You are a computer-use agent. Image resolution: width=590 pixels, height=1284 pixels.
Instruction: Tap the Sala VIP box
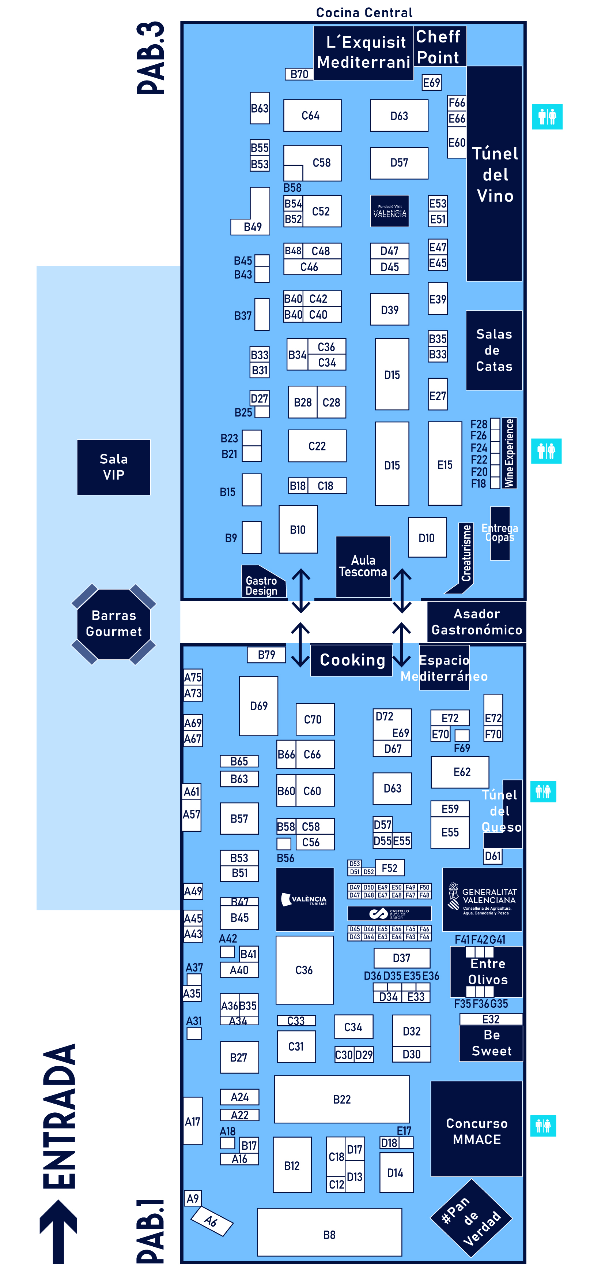point(114,467)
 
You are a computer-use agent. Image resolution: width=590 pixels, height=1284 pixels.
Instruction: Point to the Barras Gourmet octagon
point(114,624)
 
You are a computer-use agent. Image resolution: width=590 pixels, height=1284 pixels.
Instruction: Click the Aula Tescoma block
point(363,566)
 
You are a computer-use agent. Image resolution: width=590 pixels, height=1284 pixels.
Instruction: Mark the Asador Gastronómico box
point(476,622)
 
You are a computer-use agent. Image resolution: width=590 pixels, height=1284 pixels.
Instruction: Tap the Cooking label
point(352,660)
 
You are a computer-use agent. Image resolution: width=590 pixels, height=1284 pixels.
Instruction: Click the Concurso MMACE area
point(476,1131)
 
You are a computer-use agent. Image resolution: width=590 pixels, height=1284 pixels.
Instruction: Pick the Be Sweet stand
point(491,1043)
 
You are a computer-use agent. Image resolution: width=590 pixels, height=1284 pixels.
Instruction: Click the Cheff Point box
point(439,46)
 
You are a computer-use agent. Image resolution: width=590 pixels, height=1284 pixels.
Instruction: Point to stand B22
point(341,1099)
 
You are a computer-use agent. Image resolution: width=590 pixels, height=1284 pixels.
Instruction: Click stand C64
point(312,115)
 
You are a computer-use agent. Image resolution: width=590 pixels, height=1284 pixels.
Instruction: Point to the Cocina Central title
point(364,12)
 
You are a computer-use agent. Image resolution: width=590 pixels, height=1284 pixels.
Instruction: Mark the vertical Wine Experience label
point(509,453)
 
